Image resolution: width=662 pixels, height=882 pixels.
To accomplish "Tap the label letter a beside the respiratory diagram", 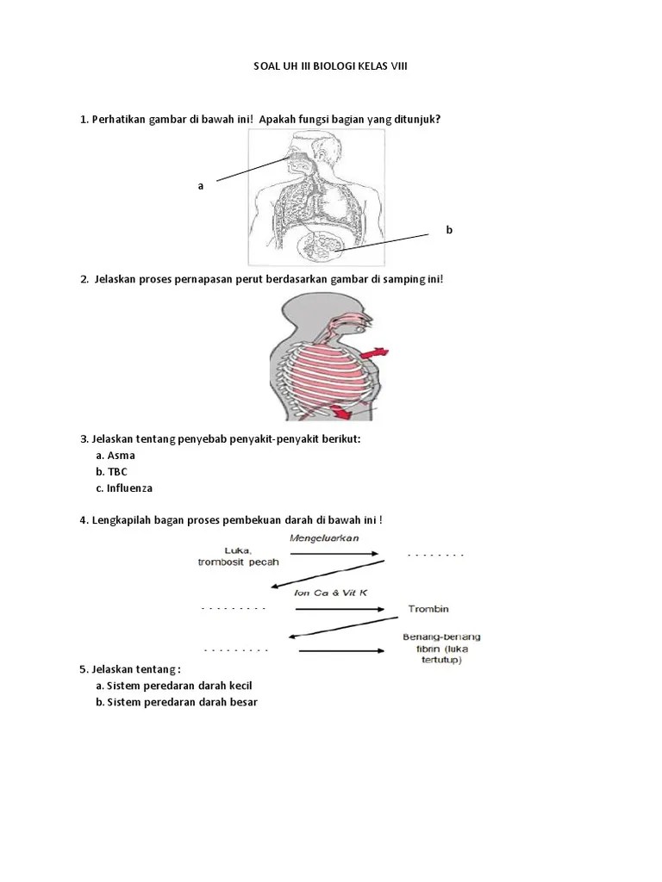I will (201, 185).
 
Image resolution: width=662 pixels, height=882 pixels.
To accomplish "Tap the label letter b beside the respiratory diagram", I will (448, 230).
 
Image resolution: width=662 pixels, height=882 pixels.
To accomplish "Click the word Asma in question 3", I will (122, 455).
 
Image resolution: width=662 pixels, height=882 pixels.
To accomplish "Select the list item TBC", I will (117, 471).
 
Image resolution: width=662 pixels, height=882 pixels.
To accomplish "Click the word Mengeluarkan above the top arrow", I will (324, 538).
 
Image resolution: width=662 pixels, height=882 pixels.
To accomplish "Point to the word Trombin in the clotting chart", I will (428, 609).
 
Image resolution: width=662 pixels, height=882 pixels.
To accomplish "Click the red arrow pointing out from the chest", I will (376, 354).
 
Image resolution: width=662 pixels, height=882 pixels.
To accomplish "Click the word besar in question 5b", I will (242, 702).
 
